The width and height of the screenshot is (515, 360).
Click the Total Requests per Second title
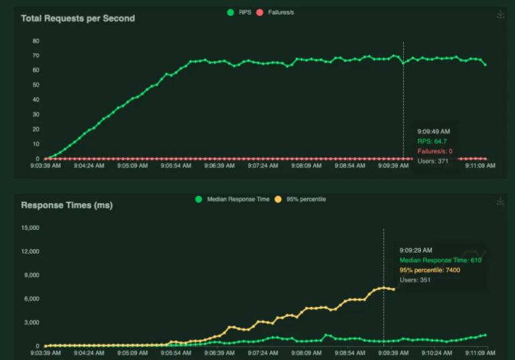[x=78, y=18]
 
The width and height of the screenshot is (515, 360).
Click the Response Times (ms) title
[x=66, y=204]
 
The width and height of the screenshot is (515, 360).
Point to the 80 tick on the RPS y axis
[x=35, y=40]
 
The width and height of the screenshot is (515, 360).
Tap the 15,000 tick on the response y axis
[x=31, y=228]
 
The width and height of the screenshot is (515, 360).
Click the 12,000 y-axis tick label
[x=31, y=251]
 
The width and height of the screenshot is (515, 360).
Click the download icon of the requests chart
[x=500, y=14]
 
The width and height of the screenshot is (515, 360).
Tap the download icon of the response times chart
[x=500, y=200]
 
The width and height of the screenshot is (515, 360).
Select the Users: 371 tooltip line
[x=433, y=161]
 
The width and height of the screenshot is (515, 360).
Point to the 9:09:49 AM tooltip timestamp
[x=433, y=131]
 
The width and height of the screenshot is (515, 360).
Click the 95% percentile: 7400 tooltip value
[x=430, y=269]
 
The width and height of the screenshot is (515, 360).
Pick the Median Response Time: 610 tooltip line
[x=441, y=259]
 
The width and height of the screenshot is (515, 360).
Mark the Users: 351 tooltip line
[x=415, y=280]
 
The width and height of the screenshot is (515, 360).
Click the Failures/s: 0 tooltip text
[x=435, y=152]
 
